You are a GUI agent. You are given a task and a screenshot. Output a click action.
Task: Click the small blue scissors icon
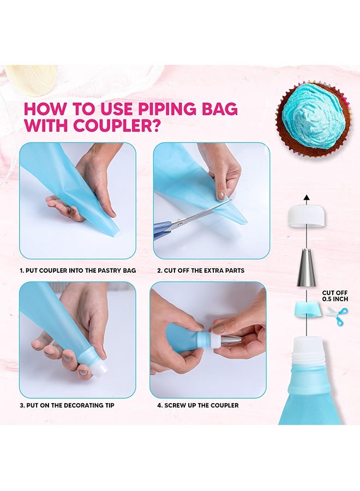(337, 315)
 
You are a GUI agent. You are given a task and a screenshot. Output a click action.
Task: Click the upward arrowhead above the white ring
(306, 197)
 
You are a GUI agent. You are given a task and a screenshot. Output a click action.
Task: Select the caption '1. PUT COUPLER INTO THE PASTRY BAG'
(77, 271)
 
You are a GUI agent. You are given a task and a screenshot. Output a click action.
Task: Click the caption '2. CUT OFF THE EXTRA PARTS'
(201, 271)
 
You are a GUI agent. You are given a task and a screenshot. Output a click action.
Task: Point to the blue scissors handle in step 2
(162, 231)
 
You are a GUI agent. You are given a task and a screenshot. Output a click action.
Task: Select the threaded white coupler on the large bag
(306, 351)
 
